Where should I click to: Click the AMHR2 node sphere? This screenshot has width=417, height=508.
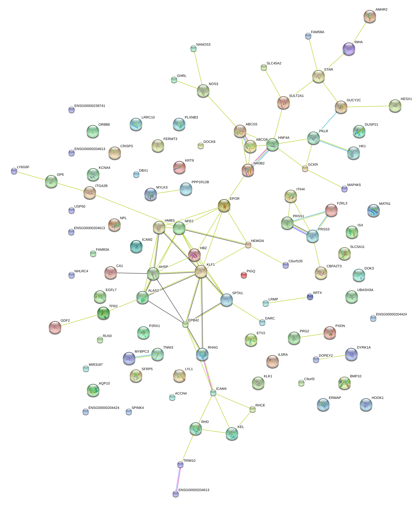370,16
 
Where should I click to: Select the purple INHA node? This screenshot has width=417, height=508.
349,49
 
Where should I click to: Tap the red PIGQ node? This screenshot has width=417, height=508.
244,275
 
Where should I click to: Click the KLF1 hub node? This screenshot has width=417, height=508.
201,271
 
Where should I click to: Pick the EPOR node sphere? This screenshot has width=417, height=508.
224,205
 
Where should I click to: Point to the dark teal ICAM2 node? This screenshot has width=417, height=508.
136,246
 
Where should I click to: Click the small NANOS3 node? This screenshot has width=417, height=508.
193,48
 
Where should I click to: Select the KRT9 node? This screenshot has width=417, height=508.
179,167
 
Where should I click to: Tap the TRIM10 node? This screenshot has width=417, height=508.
180,465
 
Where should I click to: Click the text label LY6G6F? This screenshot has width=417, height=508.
23,167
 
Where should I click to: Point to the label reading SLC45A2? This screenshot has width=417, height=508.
274,63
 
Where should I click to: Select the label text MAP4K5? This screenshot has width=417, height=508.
354,185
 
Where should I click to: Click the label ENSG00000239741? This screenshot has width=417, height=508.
90,106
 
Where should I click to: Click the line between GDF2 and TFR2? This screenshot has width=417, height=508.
79,320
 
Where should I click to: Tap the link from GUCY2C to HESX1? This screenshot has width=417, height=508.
368,106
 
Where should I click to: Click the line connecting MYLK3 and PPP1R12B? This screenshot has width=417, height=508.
168,191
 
